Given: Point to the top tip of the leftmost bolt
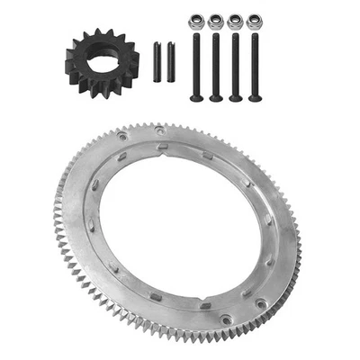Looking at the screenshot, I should click(x=195, y=38).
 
